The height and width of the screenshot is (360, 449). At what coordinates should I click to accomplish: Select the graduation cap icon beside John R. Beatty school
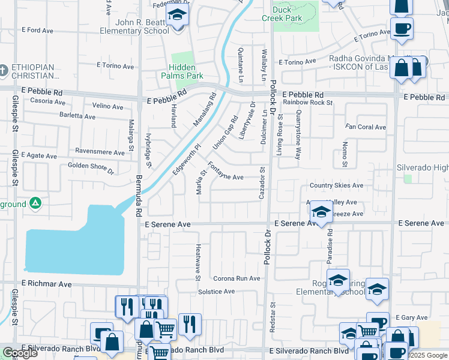click(x=177, y=15)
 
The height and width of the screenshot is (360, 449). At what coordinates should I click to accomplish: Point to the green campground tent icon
click(x=35, y=204)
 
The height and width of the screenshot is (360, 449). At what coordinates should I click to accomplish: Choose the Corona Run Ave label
click(x=237, y=278)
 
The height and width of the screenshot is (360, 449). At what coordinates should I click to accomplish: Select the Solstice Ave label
click(x=216, y=292)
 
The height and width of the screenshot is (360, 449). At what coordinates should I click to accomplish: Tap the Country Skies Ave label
click(x=336, y=185)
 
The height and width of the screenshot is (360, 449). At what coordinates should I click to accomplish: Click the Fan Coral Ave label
click(x=366, y=127)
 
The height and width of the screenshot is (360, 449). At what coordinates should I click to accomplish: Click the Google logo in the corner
click(x=20, y=353)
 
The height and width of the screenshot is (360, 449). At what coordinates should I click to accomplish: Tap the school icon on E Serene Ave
click(x=321, y=211)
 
